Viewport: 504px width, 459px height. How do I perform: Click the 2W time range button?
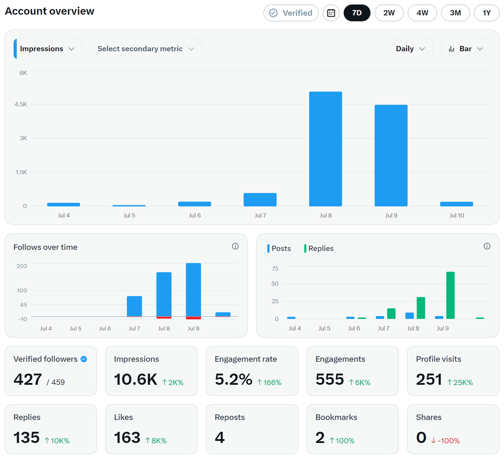[x=388, y=13]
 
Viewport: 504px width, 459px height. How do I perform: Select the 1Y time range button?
[x=486, y=13]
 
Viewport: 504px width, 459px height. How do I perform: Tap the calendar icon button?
[x=331, y=13]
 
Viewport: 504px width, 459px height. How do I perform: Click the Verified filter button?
[x=291, y=13]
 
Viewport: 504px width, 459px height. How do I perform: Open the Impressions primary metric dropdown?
[x=48, y=49]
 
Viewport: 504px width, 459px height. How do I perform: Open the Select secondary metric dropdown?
[x=146, y=49]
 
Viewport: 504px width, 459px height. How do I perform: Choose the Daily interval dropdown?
[x=411, y=49]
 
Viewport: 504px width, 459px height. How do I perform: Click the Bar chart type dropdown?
[x=465, y=49]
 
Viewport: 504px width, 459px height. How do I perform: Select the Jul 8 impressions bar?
[x=325, y=149]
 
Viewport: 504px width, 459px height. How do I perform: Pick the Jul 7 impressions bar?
[x=260, y=200]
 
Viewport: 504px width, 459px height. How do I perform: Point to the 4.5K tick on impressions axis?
[x=21, y=104]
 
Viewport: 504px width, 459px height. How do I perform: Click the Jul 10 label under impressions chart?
[x=457, y=215]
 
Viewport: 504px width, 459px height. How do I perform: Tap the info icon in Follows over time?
[x=235, y=246]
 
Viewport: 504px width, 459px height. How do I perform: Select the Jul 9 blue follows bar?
[x=193, y=290]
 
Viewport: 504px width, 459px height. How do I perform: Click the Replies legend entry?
[x=319, y=249]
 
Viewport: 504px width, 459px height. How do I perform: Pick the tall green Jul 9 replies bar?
[x=450, y=295]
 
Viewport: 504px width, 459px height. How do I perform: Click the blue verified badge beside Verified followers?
[x=84, y=359]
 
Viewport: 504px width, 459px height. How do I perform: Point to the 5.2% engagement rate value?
[x=234, y=379]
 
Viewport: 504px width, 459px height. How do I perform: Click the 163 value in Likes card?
[x=127, y=438]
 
